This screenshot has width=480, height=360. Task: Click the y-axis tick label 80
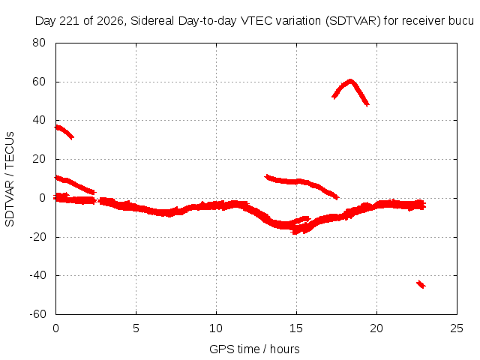(x=39, y=43)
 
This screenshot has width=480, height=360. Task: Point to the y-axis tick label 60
(x=39, y=82)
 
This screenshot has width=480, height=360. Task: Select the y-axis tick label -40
(x=37, y=275)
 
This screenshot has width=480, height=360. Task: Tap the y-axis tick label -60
(x=37, y=314)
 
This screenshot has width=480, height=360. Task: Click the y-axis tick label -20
(x=37, y=237)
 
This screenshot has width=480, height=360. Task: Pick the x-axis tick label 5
(x=136, y=328)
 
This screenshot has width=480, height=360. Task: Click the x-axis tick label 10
(x=216, y=328)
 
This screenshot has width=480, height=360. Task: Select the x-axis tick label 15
(x=296, y=328)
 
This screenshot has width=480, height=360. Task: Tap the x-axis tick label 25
(x=457, y=328)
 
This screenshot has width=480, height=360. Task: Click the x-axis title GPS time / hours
(x=254, y=349)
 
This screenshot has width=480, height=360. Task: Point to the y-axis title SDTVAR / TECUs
(x=10, y=179)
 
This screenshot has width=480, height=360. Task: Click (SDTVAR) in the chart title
(x=353, y=21)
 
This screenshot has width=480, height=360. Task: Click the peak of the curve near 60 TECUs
(x=350, y=81)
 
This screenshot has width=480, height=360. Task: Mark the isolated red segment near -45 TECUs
(x=421, y=284)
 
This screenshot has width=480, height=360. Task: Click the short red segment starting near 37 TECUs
(x=64, y=131)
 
